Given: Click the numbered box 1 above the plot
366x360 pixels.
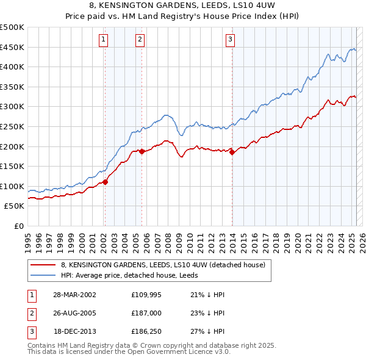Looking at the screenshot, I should (104, 40).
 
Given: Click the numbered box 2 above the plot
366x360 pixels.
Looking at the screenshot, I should (140, 40).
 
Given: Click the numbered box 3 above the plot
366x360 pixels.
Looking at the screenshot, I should (231, 40).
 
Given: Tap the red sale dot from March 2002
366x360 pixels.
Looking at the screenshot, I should (105, 181).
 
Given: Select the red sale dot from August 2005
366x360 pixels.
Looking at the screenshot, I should (142, 151).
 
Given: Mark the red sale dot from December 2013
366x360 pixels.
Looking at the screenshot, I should (232, 153).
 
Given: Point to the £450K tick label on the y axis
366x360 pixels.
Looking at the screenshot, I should (12, 47).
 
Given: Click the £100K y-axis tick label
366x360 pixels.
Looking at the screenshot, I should (12, 186).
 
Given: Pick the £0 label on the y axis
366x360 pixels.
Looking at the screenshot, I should (20, 226).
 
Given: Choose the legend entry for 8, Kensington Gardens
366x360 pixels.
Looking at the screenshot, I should (162, 265).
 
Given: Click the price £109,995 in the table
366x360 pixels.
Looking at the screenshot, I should (146, 295).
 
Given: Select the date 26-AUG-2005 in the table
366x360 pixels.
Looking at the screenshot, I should (76, 313).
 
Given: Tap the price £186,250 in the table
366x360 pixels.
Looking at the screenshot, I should (146, 331).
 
